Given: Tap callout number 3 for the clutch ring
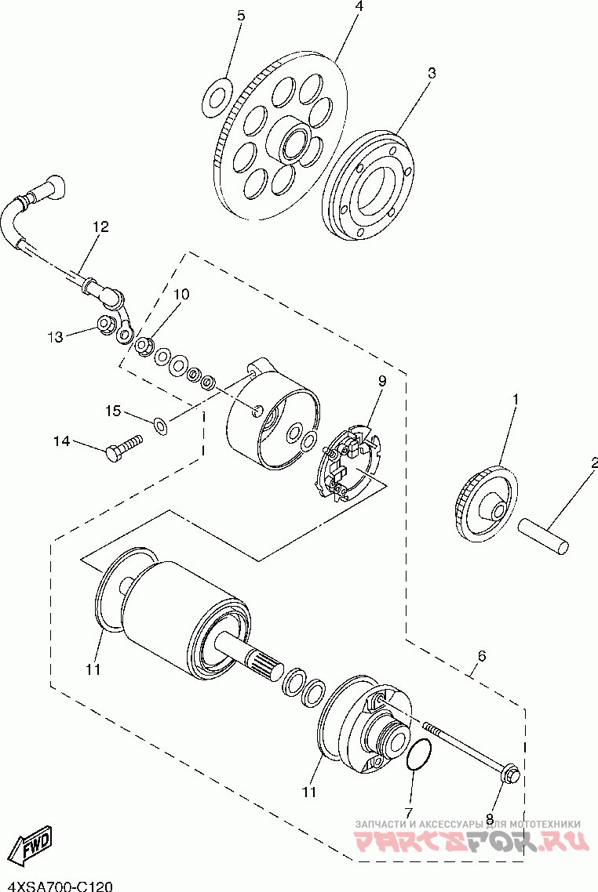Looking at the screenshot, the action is click(431, 73).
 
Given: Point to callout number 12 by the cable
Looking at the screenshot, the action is click(100, 227).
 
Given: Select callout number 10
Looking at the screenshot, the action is click(181, 295).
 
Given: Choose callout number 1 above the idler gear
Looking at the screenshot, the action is click(516, 400).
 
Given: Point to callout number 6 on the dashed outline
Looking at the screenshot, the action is click(481, 654).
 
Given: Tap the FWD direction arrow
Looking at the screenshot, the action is click(35, 844).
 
